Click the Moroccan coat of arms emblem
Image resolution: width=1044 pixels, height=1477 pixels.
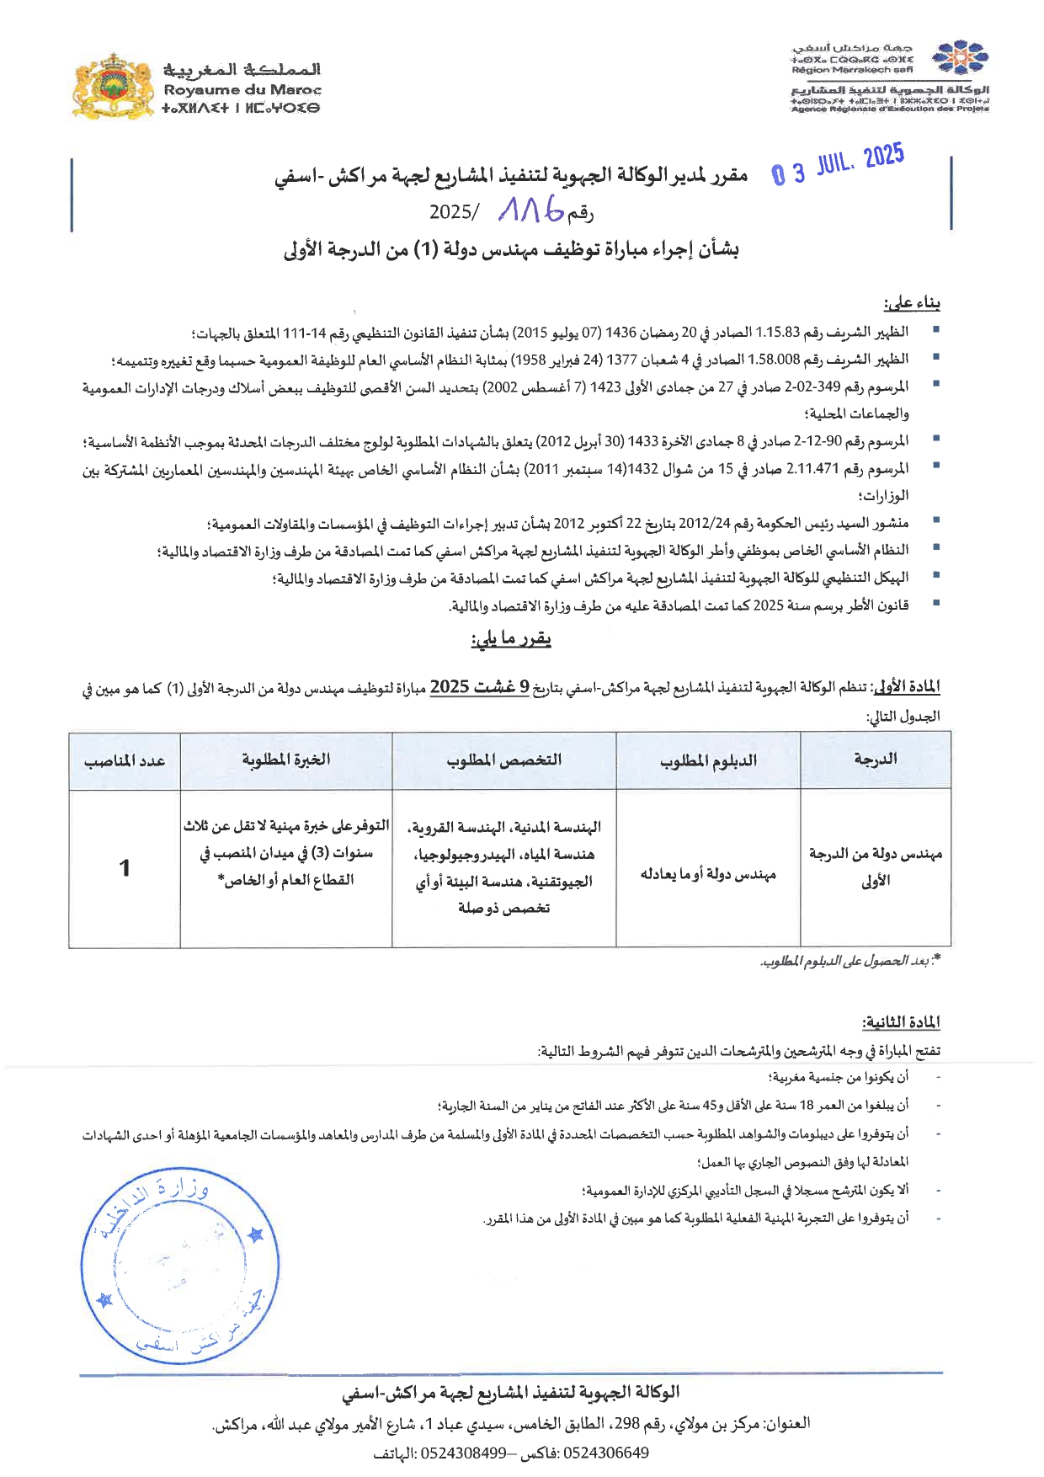[113, 85]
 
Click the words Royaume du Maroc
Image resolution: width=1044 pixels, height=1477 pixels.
[242, 89]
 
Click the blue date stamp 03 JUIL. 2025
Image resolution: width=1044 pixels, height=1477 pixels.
[839, 165]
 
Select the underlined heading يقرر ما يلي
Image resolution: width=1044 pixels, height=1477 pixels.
[511, 639]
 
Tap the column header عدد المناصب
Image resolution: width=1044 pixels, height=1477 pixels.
[125, 761]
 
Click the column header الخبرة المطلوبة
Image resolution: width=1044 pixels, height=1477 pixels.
[286, 760]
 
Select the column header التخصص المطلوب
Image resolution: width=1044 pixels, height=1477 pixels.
[503, 760]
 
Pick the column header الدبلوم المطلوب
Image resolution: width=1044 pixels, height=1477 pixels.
[708, 761]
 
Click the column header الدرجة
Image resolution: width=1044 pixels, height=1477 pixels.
[875, 760]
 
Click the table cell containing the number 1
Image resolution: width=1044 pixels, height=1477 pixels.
[125, 868]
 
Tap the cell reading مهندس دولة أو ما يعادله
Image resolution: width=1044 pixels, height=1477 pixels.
[708, 874]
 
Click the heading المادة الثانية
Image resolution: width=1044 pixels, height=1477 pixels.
[901, 1022]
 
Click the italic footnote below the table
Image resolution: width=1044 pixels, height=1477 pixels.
[850, 961]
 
